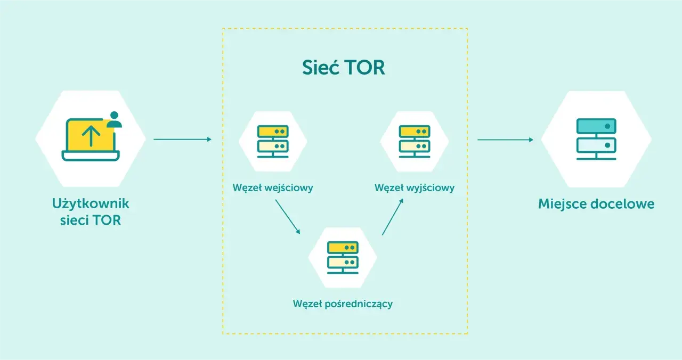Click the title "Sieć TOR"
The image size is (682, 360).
(344, 67)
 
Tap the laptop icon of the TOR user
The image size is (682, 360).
(91, 140)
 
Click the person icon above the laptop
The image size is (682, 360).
(114, 120)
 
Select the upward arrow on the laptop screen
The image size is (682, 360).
(91, 136)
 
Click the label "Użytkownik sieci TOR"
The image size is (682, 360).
(91, 211)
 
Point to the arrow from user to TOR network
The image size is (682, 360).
(182, 140)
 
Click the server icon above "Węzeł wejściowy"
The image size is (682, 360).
(273, 142)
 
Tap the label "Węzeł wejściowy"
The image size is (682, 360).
(273, 188)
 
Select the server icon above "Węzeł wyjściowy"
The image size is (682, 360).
(415, 142)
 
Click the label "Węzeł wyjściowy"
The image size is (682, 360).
(415, 188)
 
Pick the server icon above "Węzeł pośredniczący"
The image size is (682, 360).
(343, 257)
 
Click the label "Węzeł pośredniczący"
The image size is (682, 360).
(343, 304)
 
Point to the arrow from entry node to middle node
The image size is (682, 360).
(288, 217)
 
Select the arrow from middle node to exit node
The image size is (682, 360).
(393, 217)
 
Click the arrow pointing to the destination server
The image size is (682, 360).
(506, 140)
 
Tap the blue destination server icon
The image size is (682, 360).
(596, 139)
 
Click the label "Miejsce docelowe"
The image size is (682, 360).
(596, 204)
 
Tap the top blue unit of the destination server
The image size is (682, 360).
(596, 126)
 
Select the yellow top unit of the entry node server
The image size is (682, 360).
(273, 132)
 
